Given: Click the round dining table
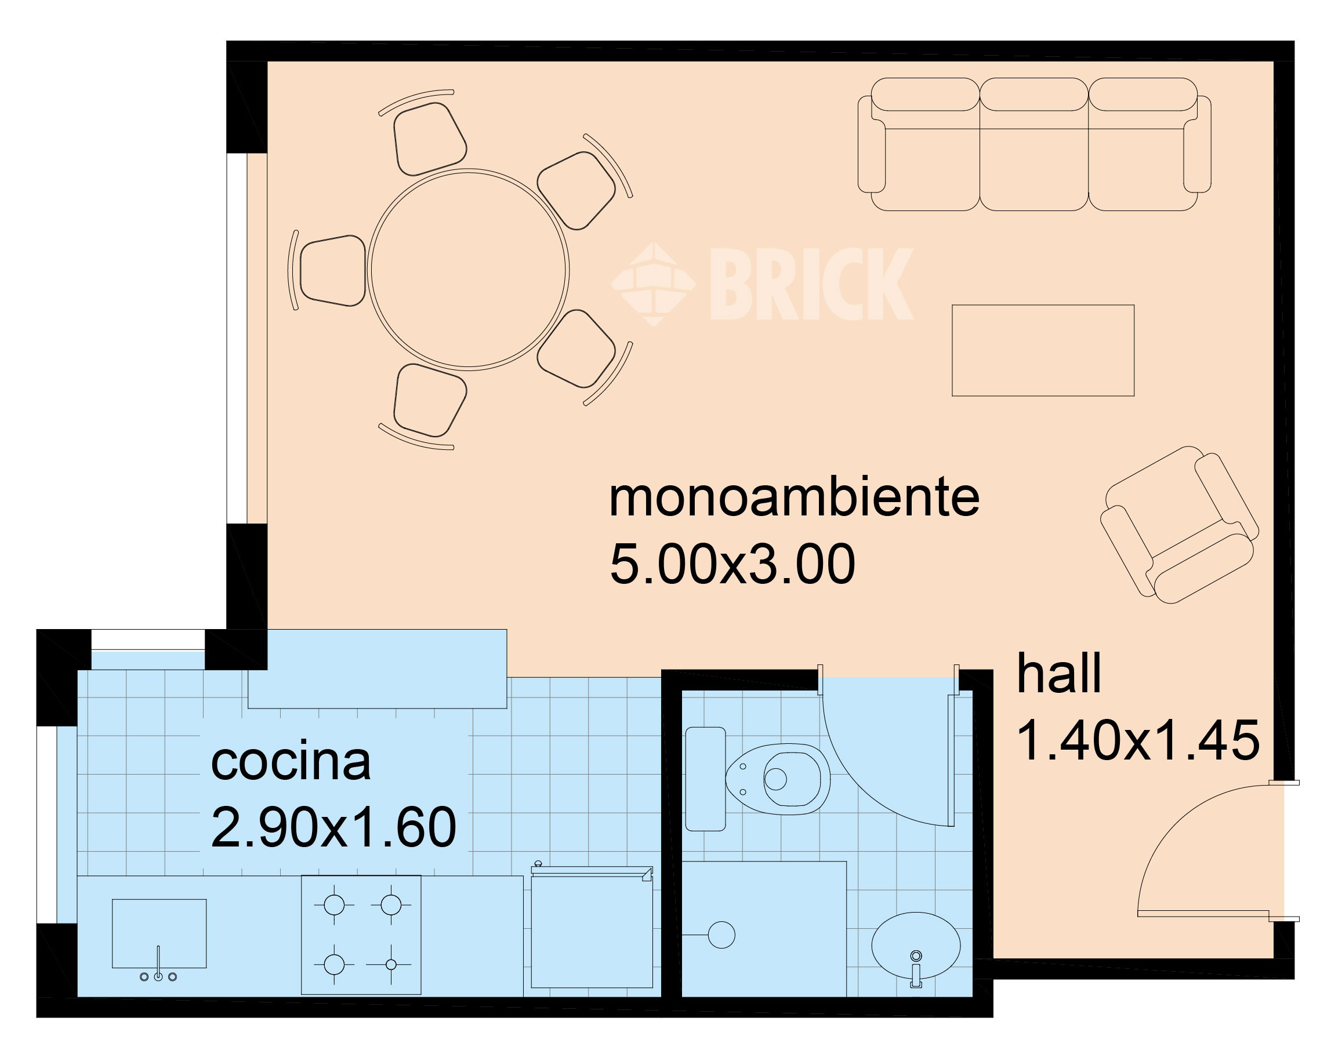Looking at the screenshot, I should coord(469,269).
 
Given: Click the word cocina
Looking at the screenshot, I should coord(291,762).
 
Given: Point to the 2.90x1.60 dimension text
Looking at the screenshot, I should coord(333,827).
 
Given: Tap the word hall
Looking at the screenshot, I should coord(1058,674).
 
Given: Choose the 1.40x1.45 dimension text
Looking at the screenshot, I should coord(1138,741).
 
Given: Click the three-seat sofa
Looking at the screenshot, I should coord(1034,144).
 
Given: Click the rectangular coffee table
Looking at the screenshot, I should coord(1043,350).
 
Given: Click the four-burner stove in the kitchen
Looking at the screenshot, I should coord(361,935).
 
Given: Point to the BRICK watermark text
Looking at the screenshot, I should coord(811,284).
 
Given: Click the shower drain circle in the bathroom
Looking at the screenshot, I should coord(721,935).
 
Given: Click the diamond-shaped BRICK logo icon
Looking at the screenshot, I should coord(653,284).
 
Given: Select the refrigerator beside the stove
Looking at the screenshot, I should coord(592,929).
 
